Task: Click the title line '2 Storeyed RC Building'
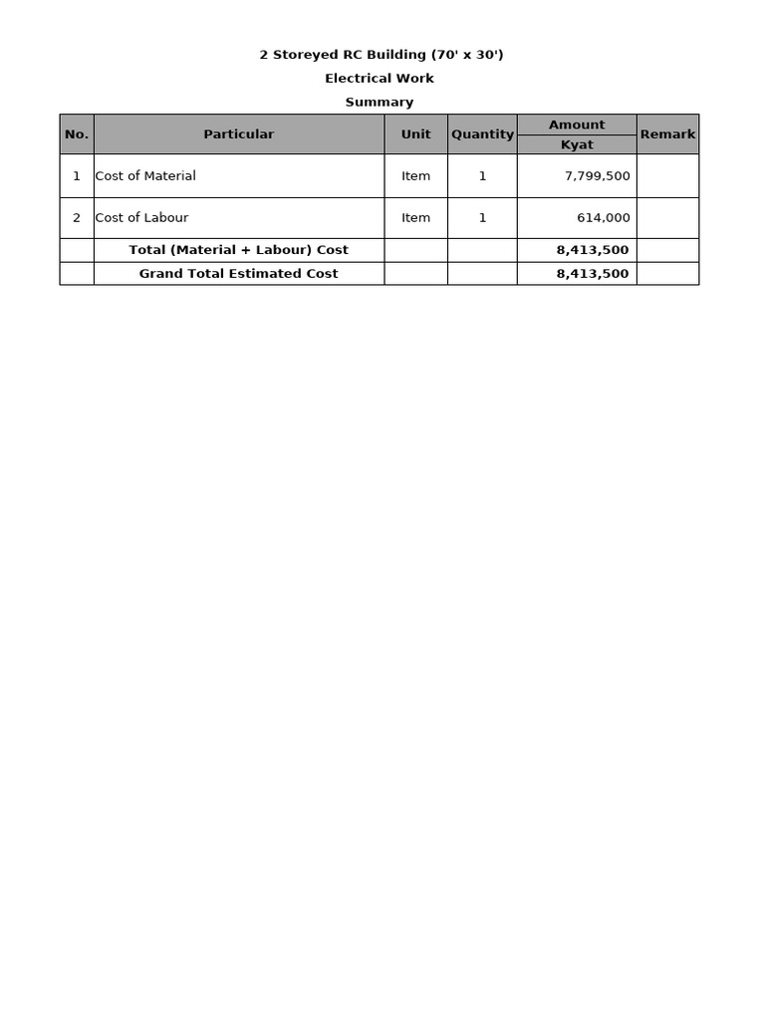click(382, 55)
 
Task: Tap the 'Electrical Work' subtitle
click(380, 79)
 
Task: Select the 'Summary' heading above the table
click(380, 103)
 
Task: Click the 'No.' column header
click(77, 134)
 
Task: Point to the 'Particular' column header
click(239, 134)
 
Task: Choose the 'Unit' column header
click(416, 134)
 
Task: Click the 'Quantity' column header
click(482, 134)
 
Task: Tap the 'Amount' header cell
click(577, 125)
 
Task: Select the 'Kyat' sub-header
click(577, 145)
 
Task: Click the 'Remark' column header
click(667, 134)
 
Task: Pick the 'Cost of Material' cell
click(145, 176)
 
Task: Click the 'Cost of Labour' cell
click(141, 218)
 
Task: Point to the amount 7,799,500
click(597, 176)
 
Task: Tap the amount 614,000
click(604, 218)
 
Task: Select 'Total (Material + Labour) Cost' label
click(239, 250)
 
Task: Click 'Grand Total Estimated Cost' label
click(239, 274)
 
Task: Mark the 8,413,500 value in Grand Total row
click(593, 274)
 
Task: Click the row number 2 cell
click(77, 218)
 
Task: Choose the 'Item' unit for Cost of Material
click(416, 176)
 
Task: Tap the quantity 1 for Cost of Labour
click(482, 218)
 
